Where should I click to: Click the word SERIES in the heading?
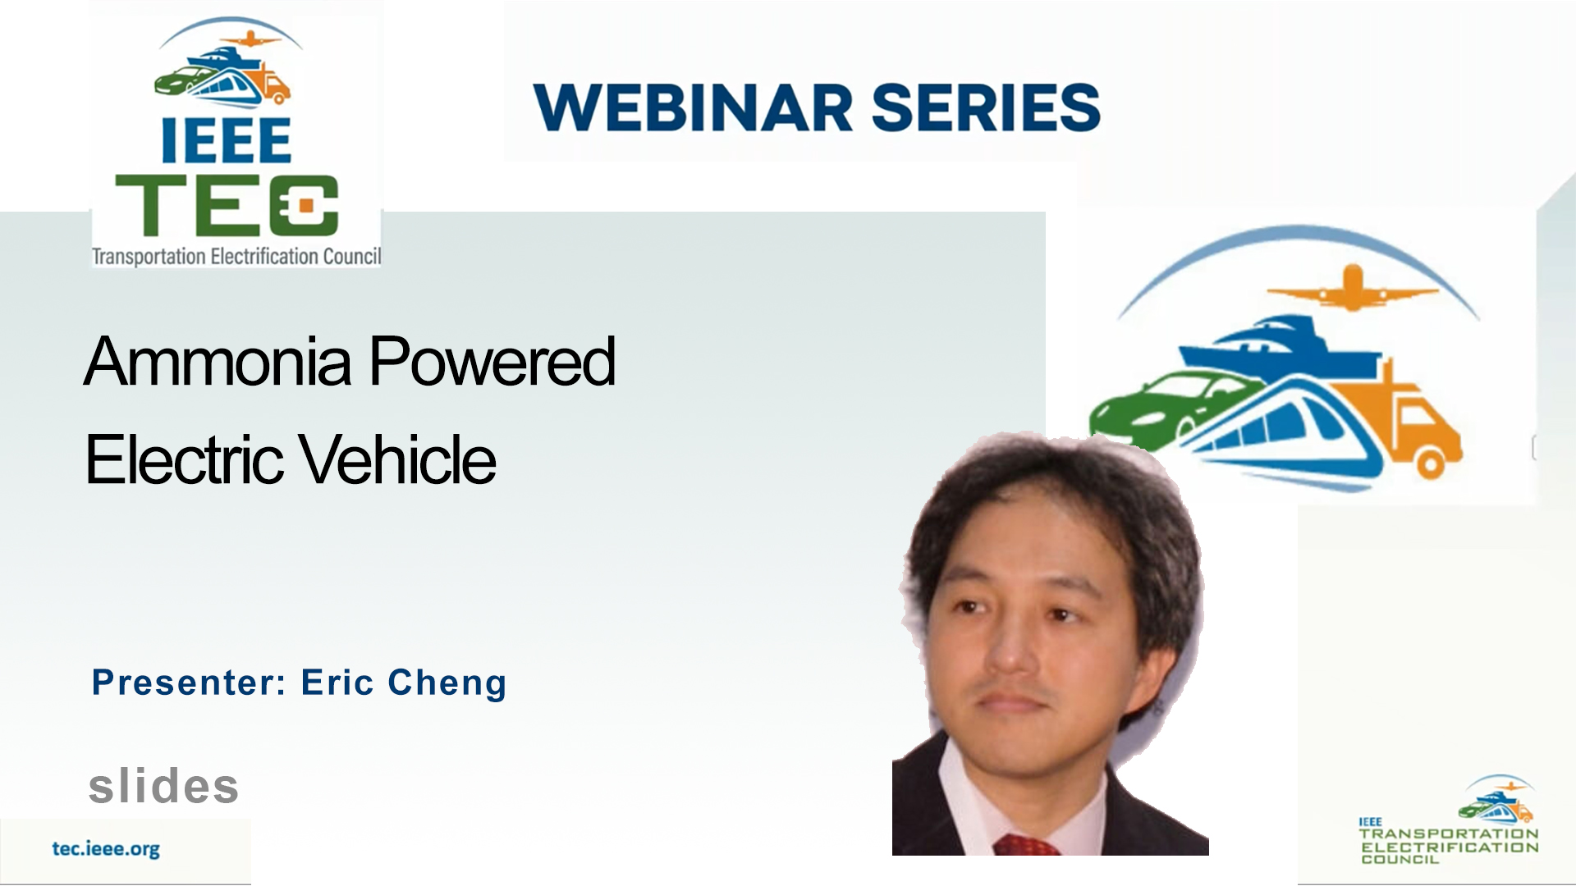pyautogui.click(x=985, y=107)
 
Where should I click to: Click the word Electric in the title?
pyautogui.click(x=183, y=459)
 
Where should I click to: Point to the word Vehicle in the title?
pyautogui.click(x=397, y=459)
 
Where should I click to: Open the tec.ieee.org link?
pyautogui.click(x=106, y=849)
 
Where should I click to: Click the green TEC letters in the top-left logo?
pyautogui.click(x=227, y=204)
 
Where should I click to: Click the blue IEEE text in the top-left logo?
pyautogui.click(x=226, y=140)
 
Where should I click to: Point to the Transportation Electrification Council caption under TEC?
pyautogui.click(x=236, y=256)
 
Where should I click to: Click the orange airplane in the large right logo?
pyautogui.click(x=1352, y=288)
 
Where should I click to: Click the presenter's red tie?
pyautogui.click(x=1028, y=845)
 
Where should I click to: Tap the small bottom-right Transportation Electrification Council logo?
pyautogui.click(x=1449, y=820)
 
